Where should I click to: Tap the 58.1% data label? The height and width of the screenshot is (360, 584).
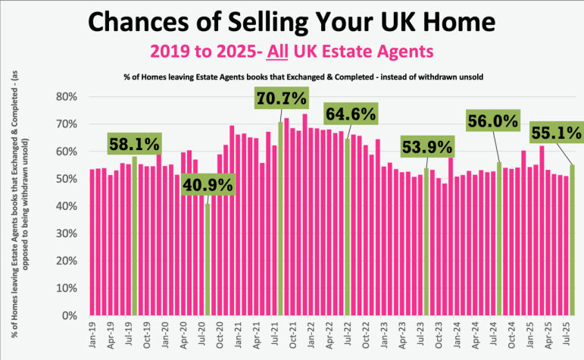pyautogui.click(x=134, y=143)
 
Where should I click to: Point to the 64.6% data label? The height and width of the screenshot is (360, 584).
pyautogui.click(x=351, y=116)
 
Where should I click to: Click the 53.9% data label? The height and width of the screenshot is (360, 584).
pyautogui.click(x=426, y=146)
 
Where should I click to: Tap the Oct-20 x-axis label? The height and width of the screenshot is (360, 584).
pyautogui.click(x=220, y=335)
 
